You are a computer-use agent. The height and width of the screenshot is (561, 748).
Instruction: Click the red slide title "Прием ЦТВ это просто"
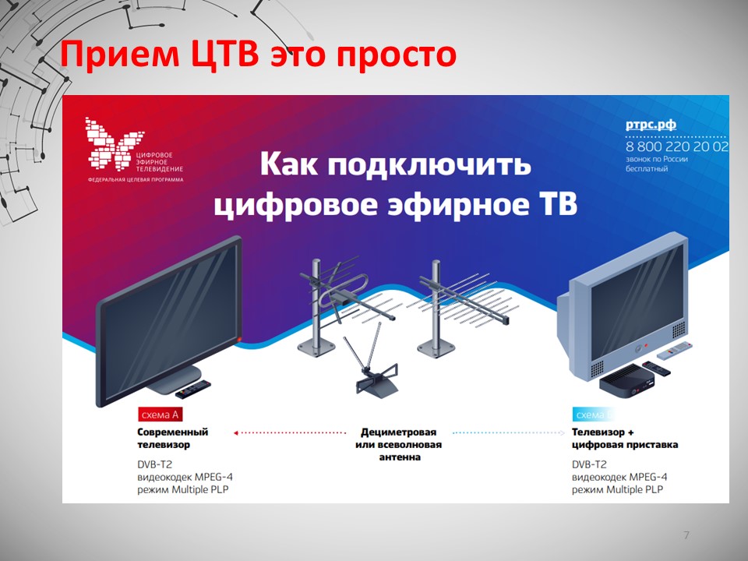258,55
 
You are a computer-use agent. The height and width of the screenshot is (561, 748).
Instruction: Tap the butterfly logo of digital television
109,144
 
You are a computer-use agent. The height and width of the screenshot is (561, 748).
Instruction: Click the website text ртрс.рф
651,125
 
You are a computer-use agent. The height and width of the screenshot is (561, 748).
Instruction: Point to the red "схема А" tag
160,415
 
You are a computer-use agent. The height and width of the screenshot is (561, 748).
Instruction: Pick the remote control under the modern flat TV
192,388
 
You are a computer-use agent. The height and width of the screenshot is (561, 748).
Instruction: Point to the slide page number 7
686,535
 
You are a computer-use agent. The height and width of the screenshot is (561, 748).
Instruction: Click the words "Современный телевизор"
172,438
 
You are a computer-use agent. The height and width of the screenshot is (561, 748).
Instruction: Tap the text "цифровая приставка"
624,445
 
